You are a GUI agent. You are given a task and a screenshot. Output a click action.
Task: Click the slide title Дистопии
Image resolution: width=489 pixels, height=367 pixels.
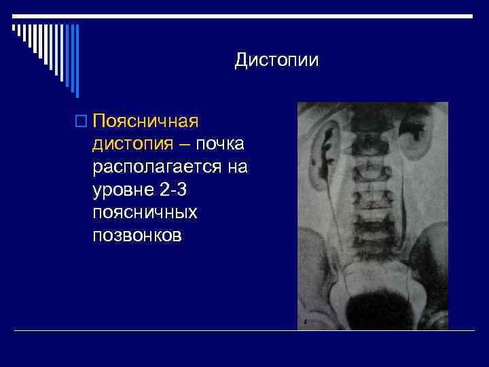click(276, 60)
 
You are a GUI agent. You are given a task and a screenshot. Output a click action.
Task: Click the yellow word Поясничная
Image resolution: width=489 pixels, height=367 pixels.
click(145, 122)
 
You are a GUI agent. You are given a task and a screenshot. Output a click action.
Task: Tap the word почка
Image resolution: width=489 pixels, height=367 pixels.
click(221, 144)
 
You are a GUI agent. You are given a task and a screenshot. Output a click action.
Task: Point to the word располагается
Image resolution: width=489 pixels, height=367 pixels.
click(156, 167)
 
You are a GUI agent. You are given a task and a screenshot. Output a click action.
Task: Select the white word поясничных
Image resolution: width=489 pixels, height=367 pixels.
click(145, 213)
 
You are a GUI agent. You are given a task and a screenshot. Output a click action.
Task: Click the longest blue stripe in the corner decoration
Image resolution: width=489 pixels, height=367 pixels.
click(77, 61)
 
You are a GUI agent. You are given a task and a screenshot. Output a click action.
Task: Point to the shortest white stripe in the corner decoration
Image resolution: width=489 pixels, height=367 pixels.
click(14, 28)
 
